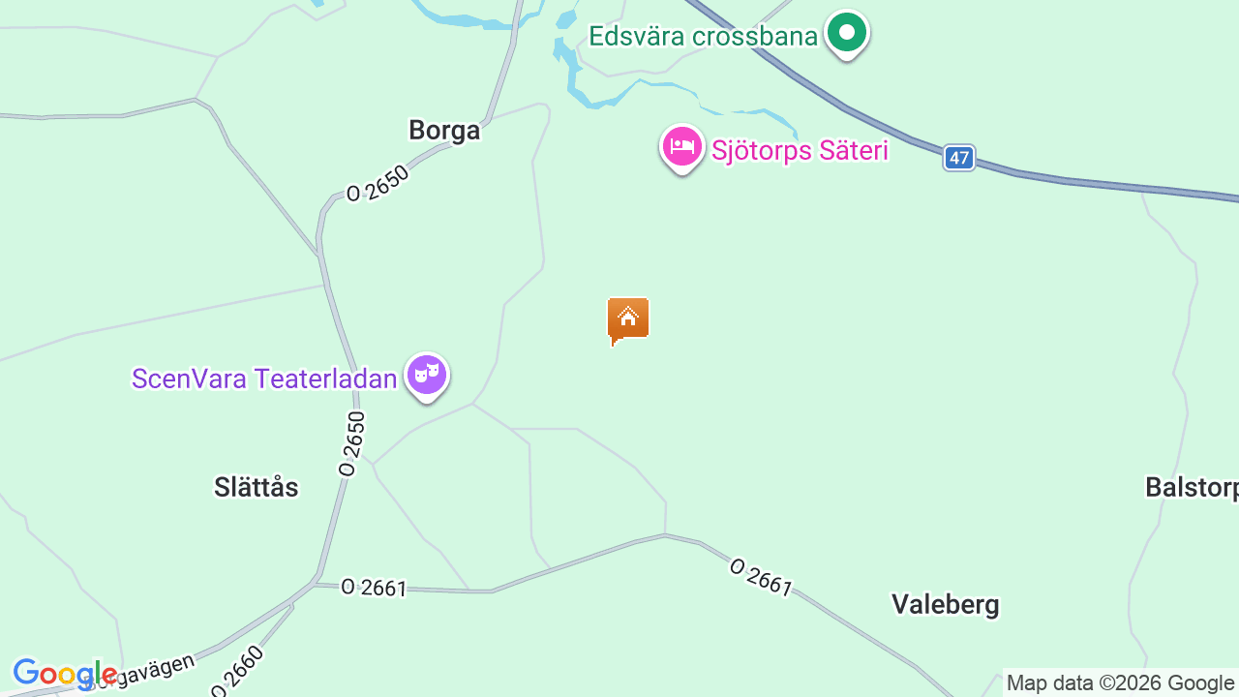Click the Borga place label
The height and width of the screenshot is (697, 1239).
pyautogui.click(x=444, y=131)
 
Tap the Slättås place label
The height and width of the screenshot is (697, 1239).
pyautogui.click(x=257, y=487)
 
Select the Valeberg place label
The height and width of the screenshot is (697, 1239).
pyautogui.click(x=945, y=605)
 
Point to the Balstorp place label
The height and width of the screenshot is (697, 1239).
pyautogui.click(x=1191, y=487)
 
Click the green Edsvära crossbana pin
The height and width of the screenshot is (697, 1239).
pyautogui.click(x=847, y=33)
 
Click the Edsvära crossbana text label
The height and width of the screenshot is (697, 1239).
pyautogui.click(x=703, y=37)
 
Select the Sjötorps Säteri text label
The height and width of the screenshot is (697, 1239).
pyautogui.click(x=800, y=151)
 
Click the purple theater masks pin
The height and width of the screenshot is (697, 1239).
pyautogui.click(x=427, y=375)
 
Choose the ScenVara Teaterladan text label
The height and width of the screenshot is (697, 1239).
pyautogui.click(x=264, y=379)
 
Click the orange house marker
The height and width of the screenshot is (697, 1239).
pyautogui.click(x=628, y=319)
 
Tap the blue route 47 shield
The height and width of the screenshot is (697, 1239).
pyautogui.click(x=958, y=158)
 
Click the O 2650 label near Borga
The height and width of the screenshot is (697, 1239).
pyautogui.click(x=378, y=183)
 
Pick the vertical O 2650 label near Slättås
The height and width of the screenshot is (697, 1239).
pyautogui.click(x=352, y=443)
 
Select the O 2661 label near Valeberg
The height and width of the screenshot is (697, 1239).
pyautogui.click(x=761, y=577)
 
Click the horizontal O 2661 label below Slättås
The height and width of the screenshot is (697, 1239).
pyautogui.click(x=374, y=588)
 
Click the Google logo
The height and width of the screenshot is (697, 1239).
pyautogui.click(x=64, y=673)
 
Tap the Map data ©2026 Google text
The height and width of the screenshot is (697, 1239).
pyautogui.click(x=1120, y=683)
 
